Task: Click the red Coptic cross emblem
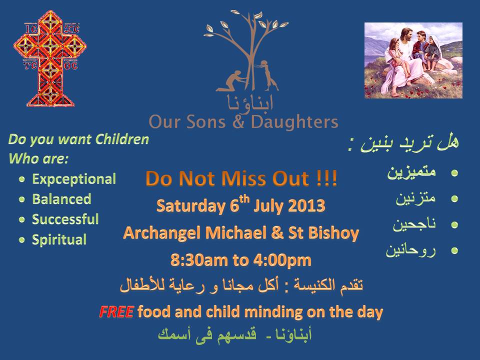[x=50, y=58]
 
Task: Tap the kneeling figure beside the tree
[x=231, y=80]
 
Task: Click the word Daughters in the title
[x=294, y=122]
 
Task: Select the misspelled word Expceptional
[x=74, y=179]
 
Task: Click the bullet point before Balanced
[x=21, y=199]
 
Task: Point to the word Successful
[x=65, y=219]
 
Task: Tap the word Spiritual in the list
[x=59, y=239]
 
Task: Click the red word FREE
[x=116, y=311]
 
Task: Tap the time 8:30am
[x=199, y=260]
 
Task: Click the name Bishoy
[x=333, y=233]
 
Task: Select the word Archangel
[x=162, y=233]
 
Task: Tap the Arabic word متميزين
[x=411, y=172]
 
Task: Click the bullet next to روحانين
[x=454, y=250]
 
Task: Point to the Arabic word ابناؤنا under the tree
[x=250, y=103]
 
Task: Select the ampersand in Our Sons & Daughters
[x=238, y=122]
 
